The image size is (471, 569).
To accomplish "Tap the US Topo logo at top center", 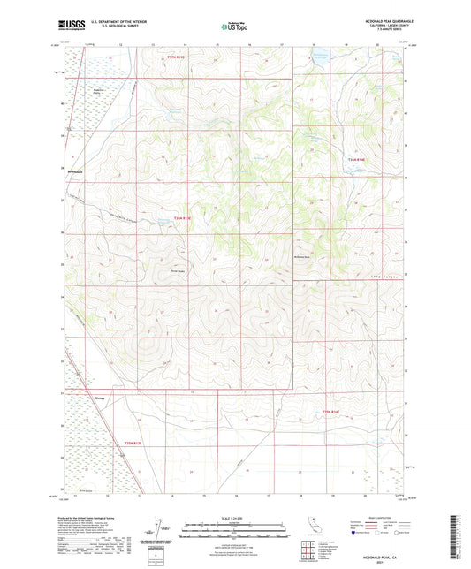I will tap(234, 27).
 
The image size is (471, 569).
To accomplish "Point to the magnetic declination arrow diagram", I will tap(160, 528).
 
